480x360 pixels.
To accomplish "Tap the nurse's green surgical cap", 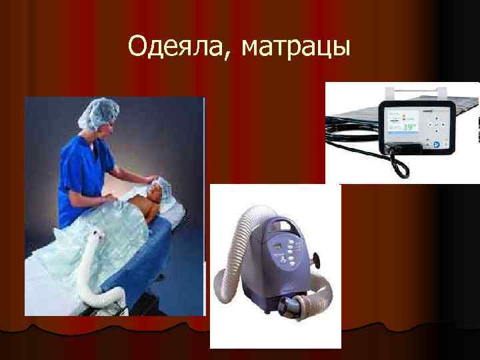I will tap(97, 113).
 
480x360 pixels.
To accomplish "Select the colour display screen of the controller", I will tap(401, 120).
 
